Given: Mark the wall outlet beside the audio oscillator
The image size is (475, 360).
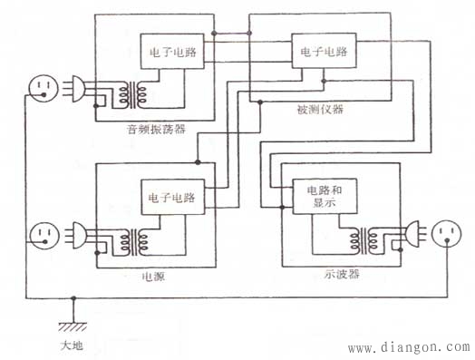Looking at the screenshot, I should tap(43, 88).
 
